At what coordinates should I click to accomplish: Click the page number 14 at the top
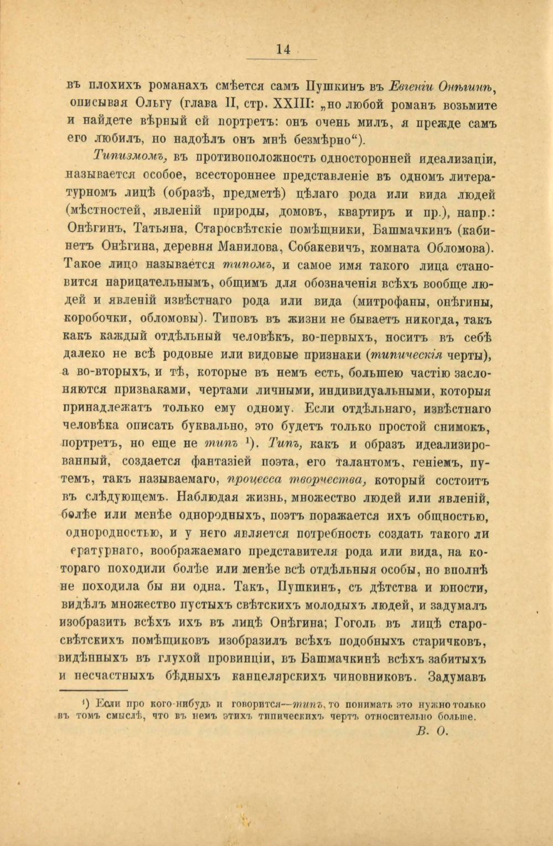point(283,49)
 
